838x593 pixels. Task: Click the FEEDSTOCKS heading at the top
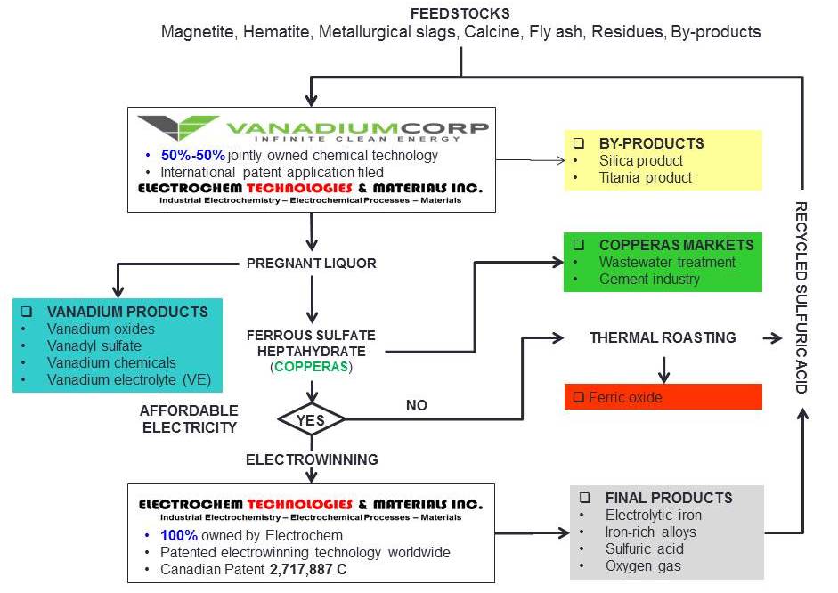(x=460, y=13)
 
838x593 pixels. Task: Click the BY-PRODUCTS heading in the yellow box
(x=651, y=143)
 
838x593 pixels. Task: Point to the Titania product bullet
(x=645, y=177)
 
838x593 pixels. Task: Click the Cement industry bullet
(x=648, y=279)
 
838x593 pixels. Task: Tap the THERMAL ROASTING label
(x=663, y=337)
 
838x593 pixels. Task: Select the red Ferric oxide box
(x=663, y=397)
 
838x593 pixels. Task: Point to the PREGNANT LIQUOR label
(x=311, y=264)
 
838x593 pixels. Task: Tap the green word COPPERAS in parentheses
(x=311, y=366)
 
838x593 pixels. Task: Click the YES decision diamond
(x=311, y=417)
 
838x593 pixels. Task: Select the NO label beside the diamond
(x=416, y=405)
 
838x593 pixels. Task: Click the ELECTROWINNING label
(x=312, y=459)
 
